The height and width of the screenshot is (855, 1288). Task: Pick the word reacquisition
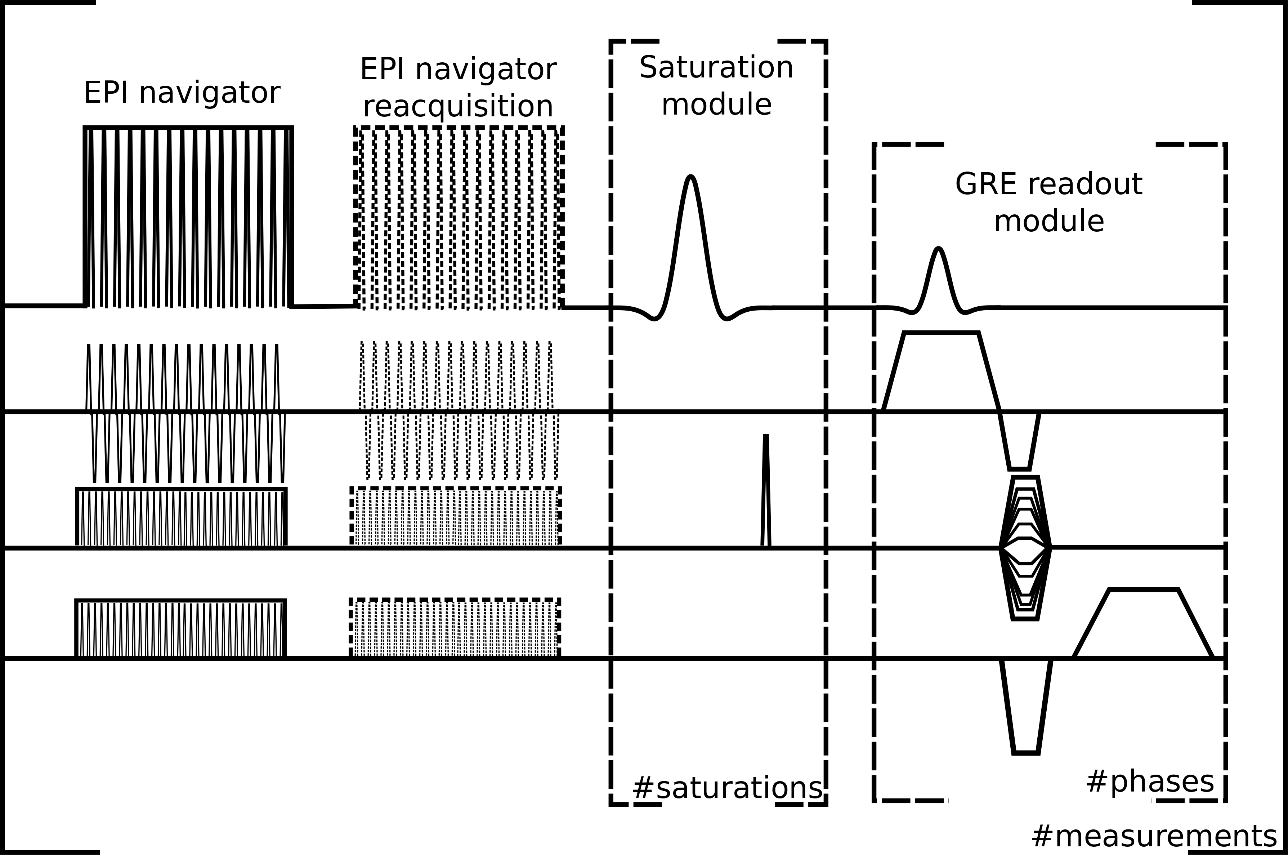[x=458, y=106]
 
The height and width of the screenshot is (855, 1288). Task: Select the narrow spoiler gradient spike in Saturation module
[x=766, y=491]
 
